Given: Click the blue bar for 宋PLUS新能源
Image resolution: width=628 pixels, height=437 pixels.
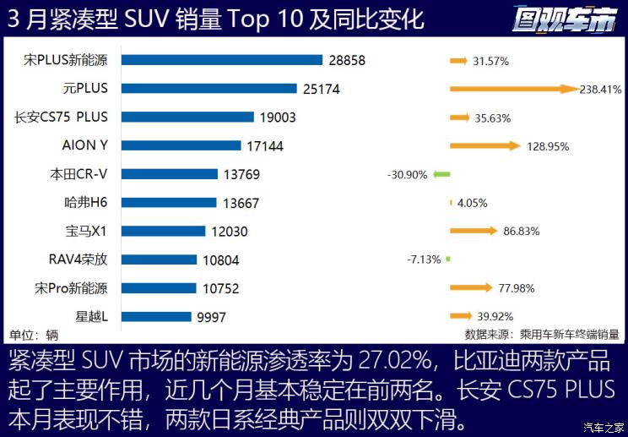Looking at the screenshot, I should [x=222, y=60].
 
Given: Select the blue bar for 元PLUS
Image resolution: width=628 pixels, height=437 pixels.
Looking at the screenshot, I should [x=209, y=89].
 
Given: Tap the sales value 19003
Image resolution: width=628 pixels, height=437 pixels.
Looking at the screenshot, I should [x=278, y=117].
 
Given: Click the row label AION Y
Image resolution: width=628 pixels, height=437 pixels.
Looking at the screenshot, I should [x=91, y=145].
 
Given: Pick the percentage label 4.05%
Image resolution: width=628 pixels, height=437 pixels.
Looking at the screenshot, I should [x=472, y=203].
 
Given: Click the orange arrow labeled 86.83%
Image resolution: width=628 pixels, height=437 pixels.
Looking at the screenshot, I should [x=474, y=231].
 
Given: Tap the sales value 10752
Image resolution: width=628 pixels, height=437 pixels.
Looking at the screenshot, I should [x=221, y=288].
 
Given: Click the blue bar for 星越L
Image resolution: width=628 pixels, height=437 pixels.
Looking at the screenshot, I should [x=159, y=317].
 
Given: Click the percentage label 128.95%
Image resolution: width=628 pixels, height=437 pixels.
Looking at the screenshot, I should [x=546, y=146].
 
